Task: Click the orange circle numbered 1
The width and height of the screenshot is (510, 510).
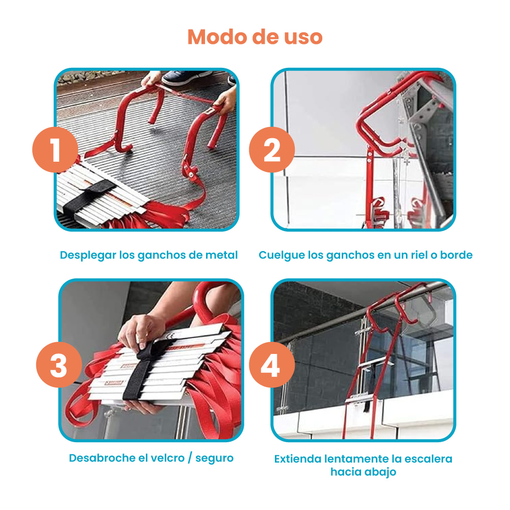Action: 55,149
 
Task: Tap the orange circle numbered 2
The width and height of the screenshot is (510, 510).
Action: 272,149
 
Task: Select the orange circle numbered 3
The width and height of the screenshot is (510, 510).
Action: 59,365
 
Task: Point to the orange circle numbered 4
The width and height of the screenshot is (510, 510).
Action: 272,365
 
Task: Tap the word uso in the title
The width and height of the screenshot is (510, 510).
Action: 303,37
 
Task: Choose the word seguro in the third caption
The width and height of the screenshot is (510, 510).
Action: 214,458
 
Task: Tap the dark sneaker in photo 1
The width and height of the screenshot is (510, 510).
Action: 186,78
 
